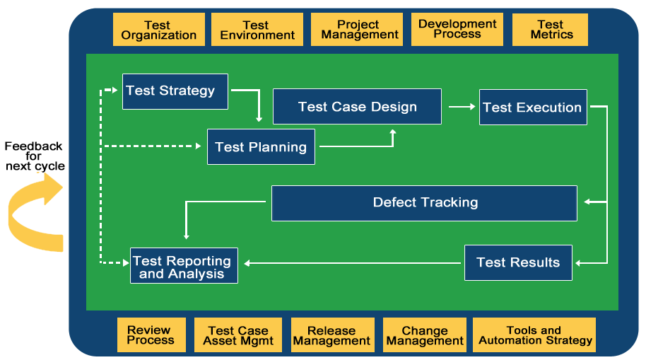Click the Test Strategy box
click(x=175, y=91)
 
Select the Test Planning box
click(x=261, y=146)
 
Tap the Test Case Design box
click(x=357, y=107)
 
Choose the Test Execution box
click(x=533, y=107)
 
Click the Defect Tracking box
click(x=424, y=203)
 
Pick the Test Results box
click(x=518, y=262)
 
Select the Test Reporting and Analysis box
click(x=184, y=266)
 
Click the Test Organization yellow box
click(x=158, y=30)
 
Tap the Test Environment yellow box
click(x=257, y=30)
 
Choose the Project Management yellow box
click(x=357, y=30)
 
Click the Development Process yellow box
click(x=457, y=29)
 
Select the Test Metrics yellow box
click(x=550, y=30)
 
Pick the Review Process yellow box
click(x=151, y=335)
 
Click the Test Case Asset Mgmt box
click(x=238, y=335)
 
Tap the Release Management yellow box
click(x=331, y=335)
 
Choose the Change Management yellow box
click(x=424, y=335)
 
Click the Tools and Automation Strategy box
click(x=534, y=335)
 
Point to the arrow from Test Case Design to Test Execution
click(x=462, y=107)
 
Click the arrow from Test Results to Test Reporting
click(x=353, y=263)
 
